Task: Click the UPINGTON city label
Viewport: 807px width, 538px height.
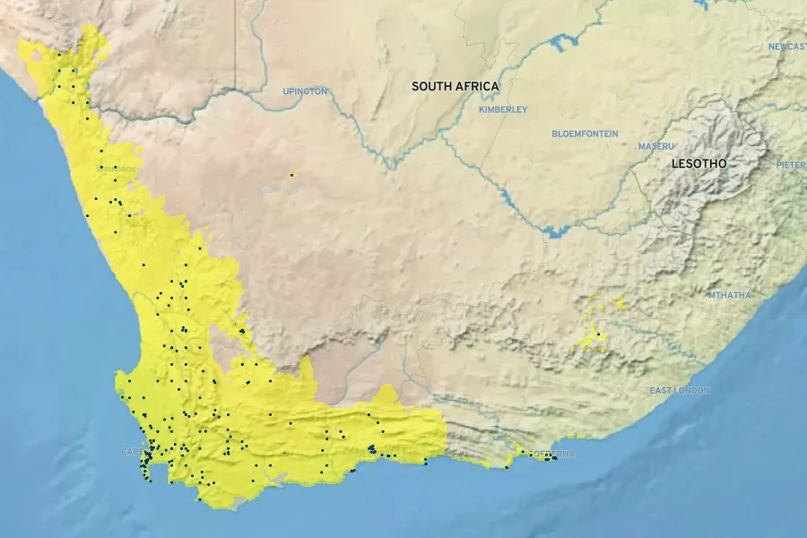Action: (305, 91)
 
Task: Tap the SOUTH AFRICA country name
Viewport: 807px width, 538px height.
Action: (455, 87)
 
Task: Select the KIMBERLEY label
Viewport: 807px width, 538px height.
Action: (503, 109)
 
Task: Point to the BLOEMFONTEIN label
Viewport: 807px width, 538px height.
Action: (584, 134)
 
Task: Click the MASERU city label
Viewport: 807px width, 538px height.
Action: (655, 146)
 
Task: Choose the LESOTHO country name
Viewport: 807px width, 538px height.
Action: (699, 164)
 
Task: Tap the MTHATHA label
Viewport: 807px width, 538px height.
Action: (731, 295)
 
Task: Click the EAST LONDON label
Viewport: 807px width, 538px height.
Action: (680, 391)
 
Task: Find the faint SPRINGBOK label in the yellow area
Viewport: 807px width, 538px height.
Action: (116, 169)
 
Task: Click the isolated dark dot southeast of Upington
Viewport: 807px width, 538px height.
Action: (291, 174)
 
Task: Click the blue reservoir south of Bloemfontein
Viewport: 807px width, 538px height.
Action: (554, 231)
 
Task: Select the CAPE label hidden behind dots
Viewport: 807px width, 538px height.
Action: (132, 452)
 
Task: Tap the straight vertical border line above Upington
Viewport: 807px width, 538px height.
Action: (236, 45)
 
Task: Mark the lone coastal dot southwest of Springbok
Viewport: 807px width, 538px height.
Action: (87, 215)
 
